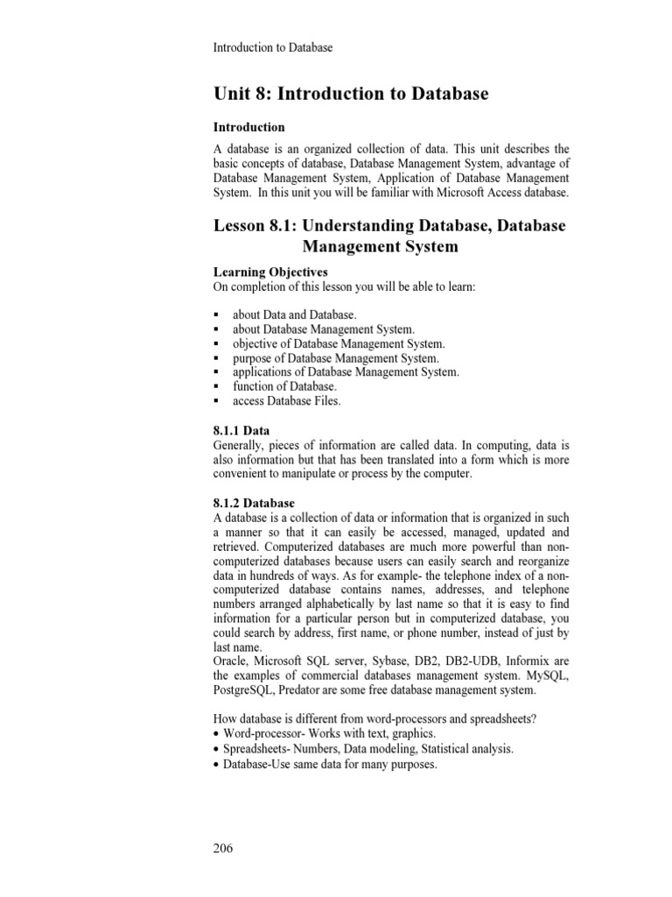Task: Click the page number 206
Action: [224, 849]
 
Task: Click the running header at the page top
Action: [273, 47]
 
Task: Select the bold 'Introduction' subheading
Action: [249, 127]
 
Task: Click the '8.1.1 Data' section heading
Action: [241, 430]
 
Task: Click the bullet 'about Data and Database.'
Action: [295, 314]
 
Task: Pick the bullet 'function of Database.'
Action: [284, 386]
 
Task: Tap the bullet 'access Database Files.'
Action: [286, 401]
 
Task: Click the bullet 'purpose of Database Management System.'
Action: [336, 357]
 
